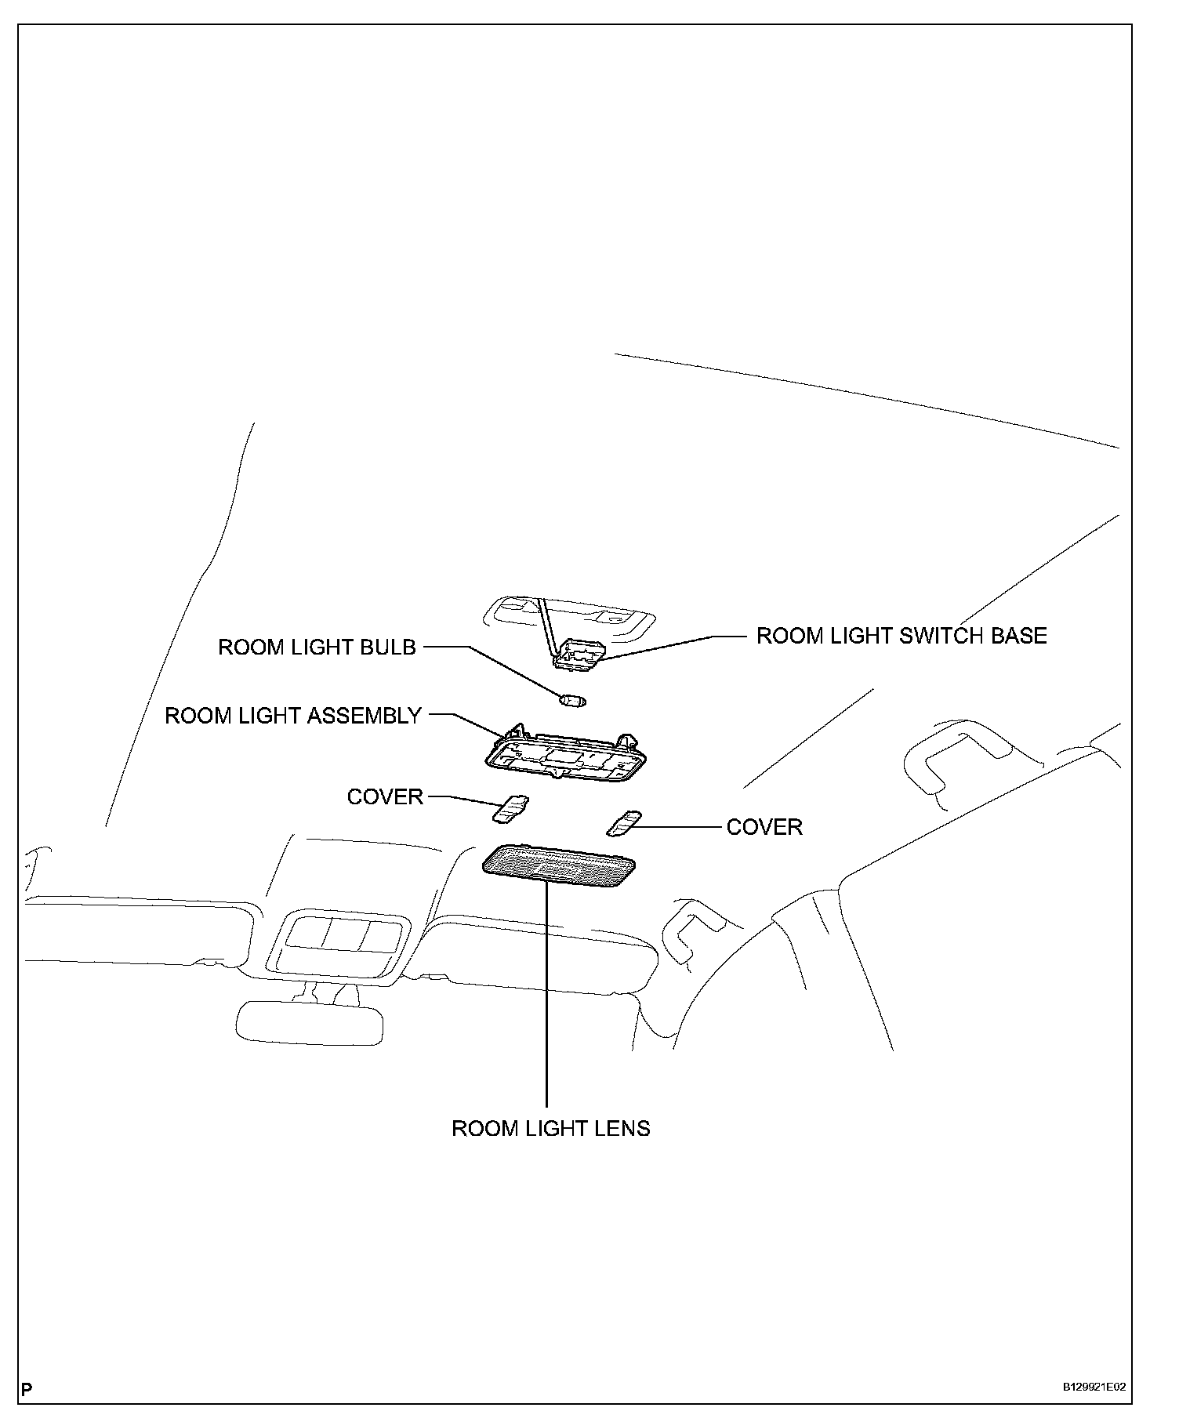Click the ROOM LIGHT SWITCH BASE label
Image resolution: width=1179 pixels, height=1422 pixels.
pos(901,636)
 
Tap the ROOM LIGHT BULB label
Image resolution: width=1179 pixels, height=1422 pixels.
pos(317,648)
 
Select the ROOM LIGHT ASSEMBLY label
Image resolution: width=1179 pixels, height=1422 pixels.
pos(293,716)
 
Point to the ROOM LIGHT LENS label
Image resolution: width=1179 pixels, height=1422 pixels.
pos(551,1129)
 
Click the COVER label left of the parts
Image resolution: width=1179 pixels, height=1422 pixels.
pos(385,797)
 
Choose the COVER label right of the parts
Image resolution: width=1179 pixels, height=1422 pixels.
pos(764,828)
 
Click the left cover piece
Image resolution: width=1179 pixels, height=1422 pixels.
pos(510,809)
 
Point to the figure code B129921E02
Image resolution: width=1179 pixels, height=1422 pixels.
pos(1094,1387)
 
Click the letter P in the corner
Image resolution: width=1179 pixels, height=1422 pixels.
pos(27,1390)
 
